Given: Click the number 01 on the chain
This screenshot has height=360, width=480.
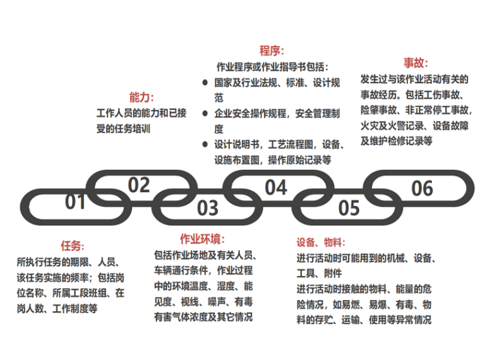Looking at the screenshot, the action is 75,202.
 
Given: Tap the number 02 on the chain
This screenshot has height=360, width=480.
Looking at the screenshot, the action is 138,185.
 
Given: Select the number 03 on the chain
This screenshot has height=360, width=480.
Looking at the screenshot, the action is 207,207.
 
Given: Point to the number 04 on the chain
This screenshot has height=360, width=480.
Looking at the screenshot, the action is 275,187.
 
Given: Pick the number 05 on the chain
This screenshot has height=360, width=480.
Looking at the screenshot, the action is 349,207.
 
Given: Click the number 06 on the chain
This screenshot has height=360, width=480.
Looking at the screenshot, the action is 422,188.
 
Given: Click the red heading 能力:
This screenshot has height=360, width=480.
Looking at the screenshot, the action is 141,98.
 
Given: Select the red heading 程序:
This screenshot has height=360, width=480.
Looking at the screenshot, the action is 272,51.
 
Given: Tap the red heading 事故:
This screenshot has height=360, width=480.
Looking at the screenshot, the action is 416,64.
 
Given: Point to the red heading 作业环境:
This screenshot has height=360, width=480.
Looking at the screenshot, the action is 202,239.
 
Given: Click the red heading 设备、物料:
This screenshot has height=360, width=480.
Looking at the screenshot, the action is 320,243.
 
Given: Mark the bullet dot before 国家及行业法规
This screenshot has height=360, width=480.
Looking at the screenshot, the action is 205,83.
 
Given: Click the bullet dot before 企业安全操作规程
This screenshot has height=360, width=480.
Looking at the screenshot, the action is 205,114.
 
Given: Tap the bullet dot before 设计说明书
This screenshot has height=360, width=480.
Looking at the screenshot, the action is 205,145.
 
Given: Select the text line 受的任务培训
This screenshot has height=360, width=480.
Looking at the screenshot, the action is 123,129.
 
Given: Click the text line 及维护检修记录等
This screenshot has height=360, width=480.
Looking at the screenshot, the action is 396,141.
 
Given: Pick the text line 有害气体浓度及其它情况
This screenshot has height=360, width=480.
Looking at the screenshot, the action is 203,317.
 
